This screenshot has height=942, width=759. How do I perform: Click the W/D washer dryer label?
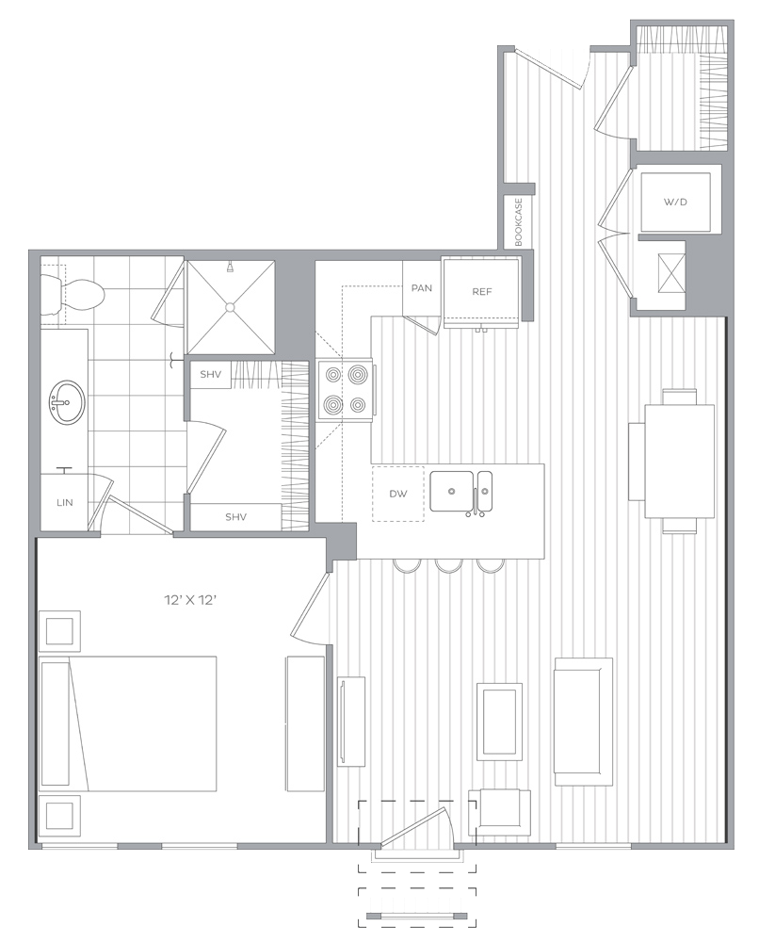point(675,203)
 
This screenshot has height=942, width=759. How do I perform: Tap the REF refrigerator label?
point(481,292)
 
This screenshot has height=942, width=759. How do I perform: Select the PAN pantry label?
point(422,288)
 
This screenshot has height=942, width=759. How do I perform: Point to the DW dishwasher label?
point(398,494)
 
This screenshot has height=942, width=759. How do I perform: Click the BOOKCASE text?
point(519,222)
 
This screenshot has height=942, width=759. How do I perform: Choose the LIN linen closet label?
point(65,503)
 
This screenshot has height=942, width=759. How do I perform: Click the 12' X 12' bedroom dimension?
point(190,600)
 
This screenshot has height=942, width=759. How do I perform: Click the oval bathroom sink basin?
point(67,402)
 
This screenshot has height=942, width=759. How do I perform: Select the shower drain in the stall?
point(230,307)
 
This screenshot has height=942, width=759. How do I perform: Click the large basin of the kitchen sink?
point(452,492)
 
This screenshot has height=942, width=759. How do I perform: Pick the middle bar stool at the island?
point(449,565)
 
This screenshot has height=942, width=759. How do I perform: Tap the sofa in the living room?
point(583,722)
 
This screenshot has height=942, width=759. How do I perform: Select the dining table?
point(680,462)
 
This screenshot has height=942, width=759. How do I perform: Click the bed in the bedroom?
point(128,723)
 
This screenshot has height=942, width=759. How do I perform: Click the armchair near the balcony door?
point(500,812)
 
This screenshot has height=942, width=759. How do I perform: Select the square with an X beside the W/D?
point(671,273)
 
